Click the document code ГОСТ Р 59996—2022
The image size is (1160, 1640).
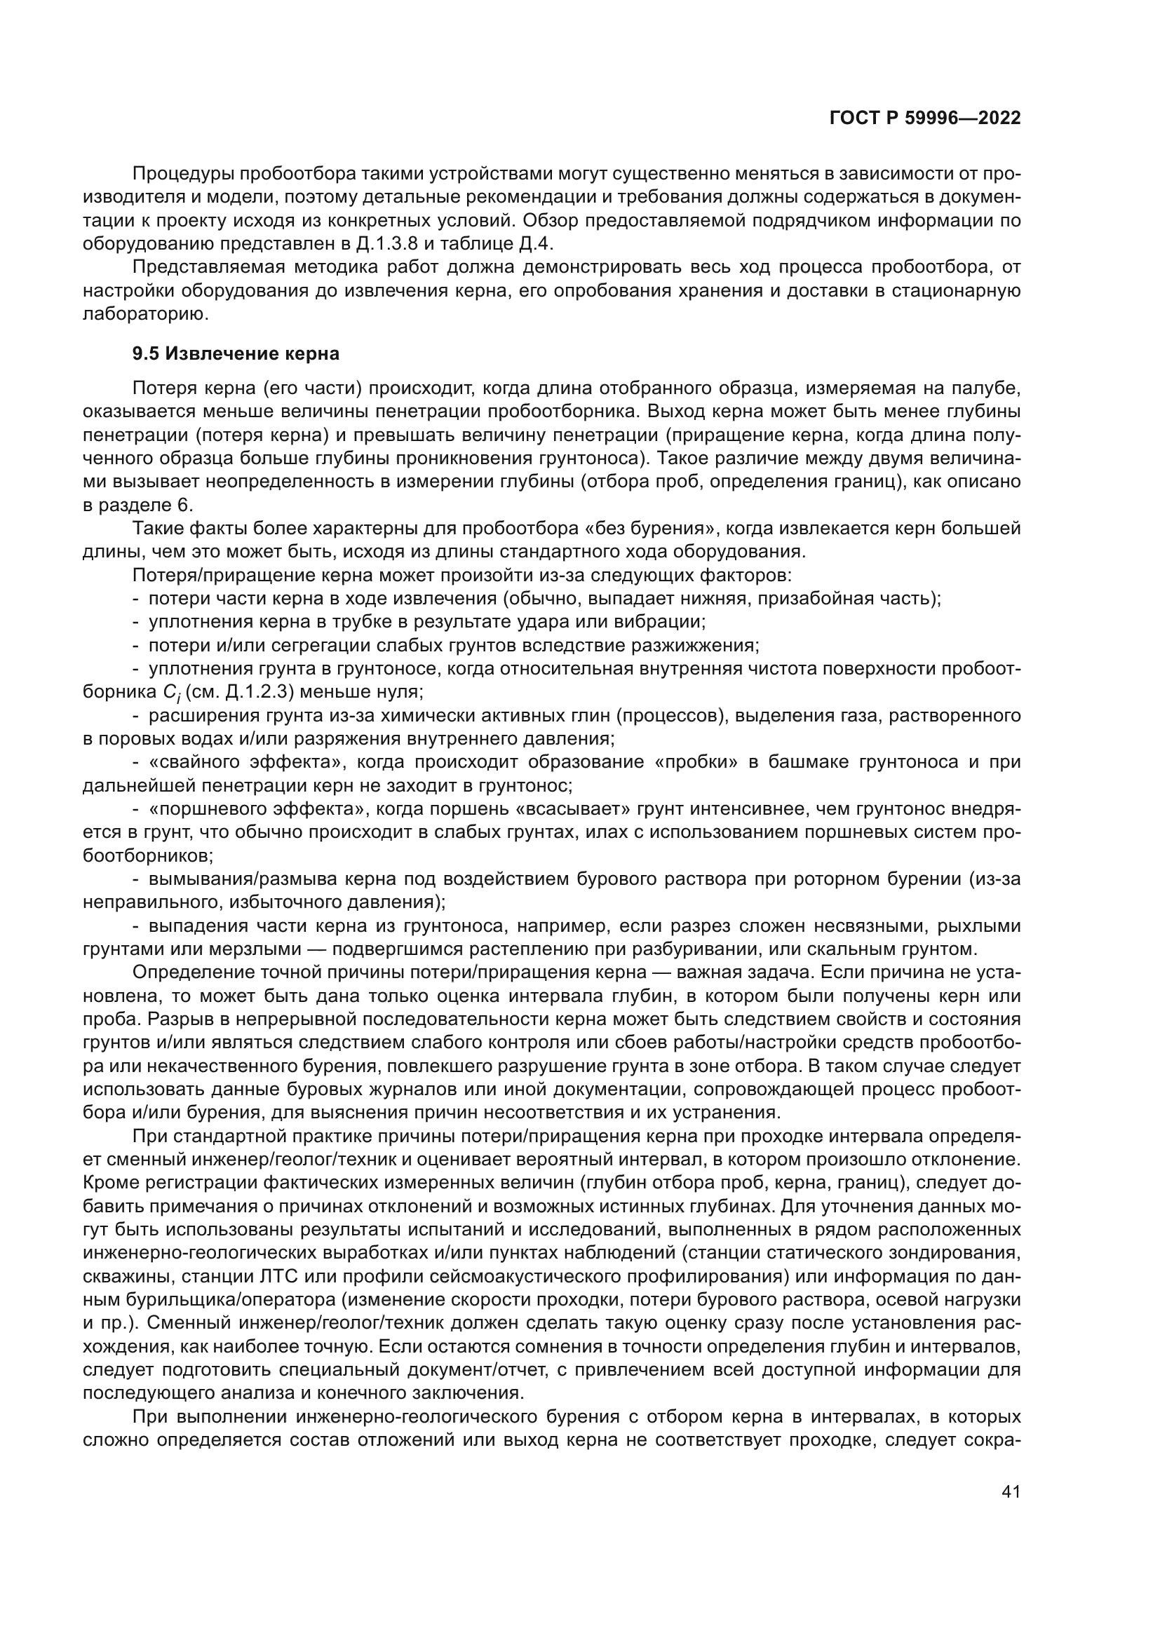click(924, 118)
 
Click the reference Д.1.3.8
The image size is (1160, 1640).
click(386, 243)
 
